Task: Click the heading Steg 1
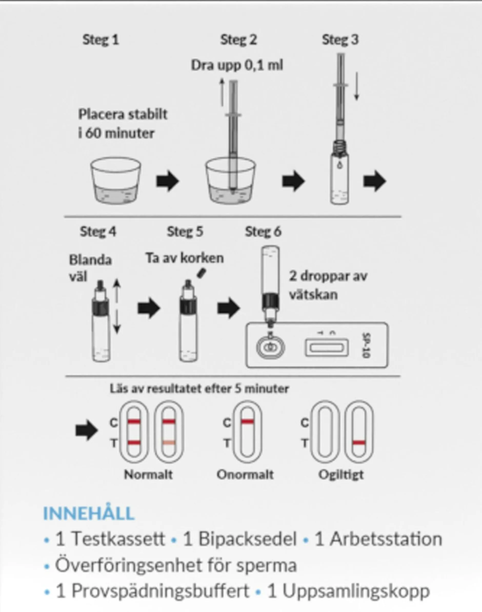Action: pos(101,40)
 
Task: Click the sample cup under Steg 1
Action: pos(115,181)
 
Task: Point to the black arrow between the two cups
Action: pos(168,181)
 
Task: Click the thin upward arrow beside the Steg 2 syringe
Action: pos(222,92)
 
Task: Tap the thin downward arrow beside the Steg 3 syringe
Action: pos(357,86)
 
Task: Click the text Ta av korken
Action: pos(185,258)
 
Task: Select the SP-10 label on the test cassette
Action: pos(366,346)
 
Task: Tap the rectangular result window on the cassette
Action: pos(327,347)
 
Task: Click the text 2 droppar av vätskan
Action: pos(328,285)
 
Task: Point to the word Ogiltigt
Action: pos(341,475)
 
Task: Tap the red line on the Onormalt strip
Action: pos(247,422)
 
